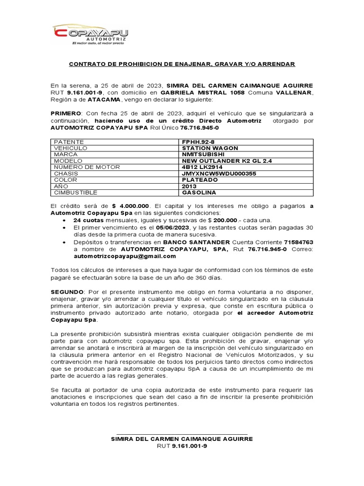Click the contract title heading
(x=182, y=64)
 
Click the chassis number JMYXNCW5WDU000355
(x=219, y=174)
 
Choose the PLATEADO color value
(x=200, y=180)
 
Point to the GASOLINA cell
(x=199, y=193)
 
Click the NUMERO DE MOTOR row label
(x=87, y=167)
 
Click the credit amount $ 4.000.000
(x=131, y=206)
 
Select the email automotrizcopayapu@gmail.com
(x=125, y=256)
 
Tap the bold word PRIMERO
(x=66, y=114)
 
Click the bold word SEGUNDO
(x=67, y=290)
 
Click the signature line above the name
(x=182, y=433)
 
